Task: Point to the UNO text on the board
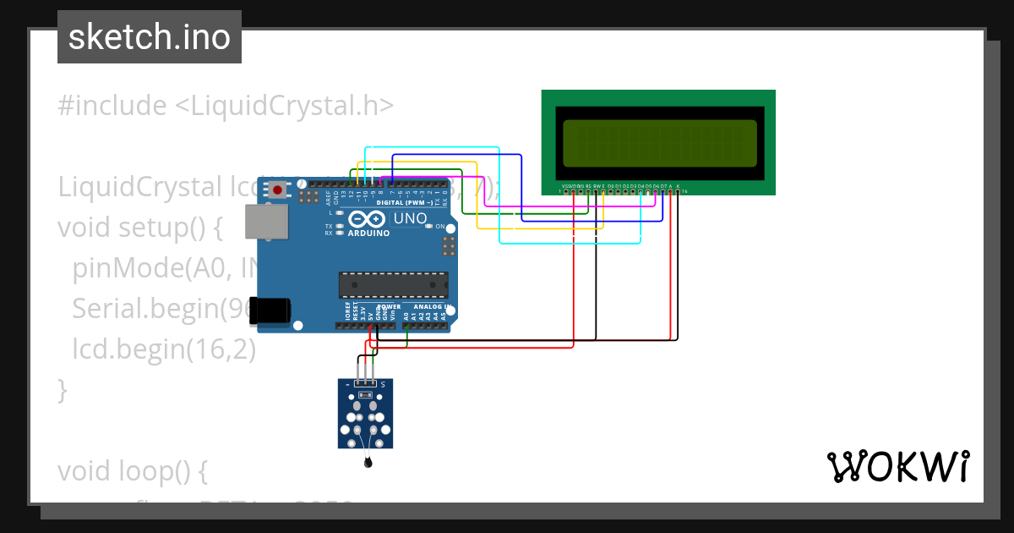411,218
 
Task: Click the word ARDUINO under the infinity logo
368,233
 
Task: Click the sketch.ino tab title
150,37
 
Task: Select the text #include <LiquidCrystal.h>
226,105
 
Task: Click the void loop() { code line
132,470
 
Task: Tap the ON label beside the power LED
440,227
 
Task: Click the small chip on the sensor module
365,394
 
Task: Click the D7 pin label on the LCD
663,185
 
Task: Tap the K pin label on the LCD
678,185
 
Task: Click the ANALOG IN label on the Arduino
432,306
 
